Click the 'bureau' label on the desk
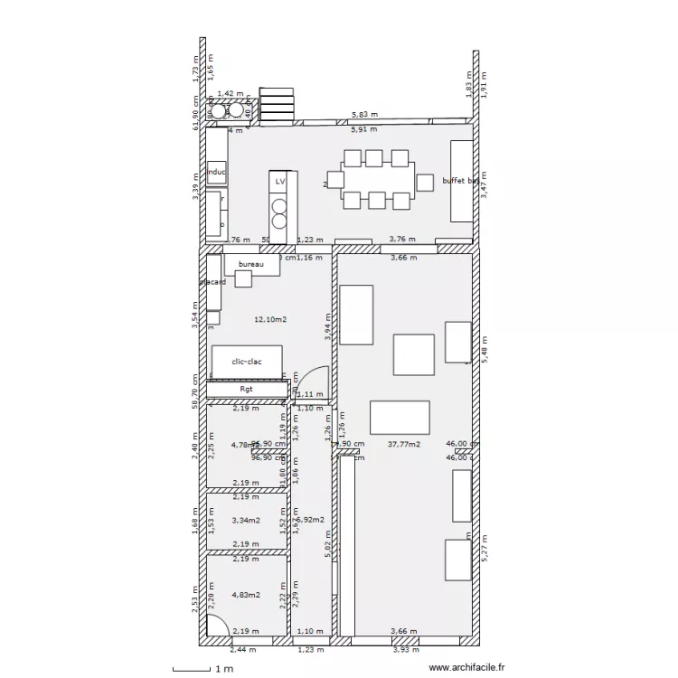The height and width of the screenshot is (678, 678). point(250,264)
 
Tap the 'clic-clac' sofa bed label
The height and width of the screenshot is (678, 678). point(247,362)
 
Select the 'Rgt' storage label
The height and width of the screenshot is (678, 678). point(247,390)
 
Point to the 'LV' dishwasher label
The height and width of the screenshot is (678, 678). point(280,182)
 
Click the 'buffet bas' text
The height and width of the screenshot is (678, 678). point(460,181)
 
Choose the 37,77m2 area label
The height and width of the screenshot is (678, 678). point(402,445)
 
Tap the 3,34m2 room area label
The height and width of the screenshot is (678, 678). point(246,521)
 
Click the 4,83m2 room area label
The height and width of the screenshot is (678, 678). point(246,595)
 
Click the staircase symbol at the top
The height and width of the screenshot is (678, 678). point(276,103)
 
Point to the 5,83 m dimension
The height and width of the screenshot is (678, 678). point(365,116)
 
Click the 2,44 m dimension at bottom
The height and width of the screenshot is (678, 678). point(242,649)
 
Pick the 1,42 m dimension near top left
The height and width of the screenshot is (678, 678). point(232,93)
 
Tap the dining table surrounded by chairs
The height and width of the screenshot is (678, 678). point(379,183)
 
